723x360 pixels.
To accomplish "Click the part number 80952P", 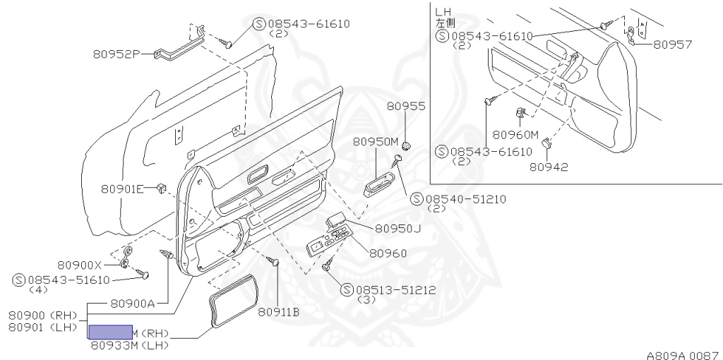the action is click(x=116, y=54).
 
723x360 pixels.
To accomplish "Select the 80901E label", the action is click(x=122, y=188).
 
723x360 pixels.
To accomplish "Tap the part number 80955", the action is click(x=406, y=107).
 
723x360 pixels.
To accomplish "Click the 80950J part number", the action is click(x=398, y=228).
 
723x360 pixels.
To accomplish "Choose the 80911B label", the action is click(x=278, y=311).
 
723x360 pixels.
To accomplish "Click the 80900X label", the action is click(x=80, y=265).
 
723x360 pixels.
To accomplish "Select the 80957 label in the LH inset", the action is click(x=672, y=44).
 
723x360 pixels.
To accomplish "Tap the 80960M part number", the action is click(x=515, y=134).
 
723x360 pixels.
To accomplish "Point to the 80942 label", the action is click(x=549, y=167).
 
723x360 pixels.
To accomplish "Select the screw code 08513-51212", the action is click(x=396, y=289).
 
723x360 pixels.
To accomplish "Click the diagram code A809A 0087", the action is click(x=683, y=355).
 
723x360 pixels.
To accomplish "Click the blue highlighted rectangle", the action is click(x=110, y=332).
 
